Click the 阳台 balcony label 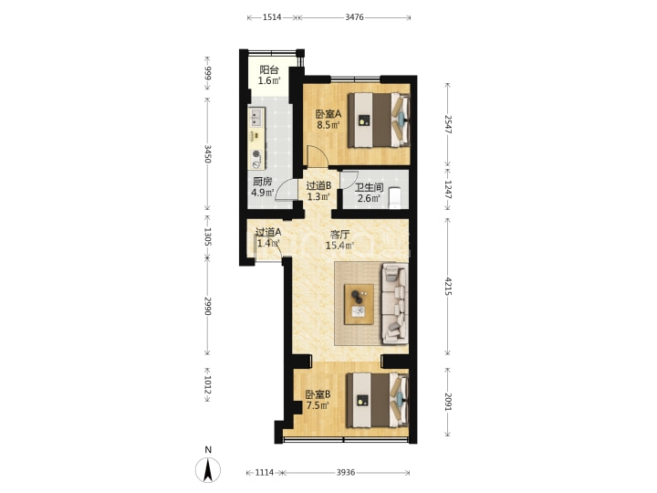(268, 69)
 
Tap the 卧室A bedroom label (328, 113)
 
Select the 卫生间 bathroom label (370, 187)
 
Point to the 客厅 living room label (339, 235)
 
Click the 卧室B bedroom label (318, 394)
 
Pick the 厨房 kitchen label (263, 182)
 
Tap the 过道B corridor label (318, 185)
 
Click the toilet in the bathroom (395, 198)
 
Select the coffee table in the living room (359, 304)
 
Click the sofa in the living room (394, 303)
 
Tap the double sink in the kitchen (256, 117)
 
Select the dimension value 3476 (354, 17)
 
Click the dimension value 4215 (448, 287)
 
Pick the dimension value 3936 (346, 473)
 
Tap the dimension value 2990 (207, 306)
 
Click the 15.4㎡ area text (339, 246)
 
